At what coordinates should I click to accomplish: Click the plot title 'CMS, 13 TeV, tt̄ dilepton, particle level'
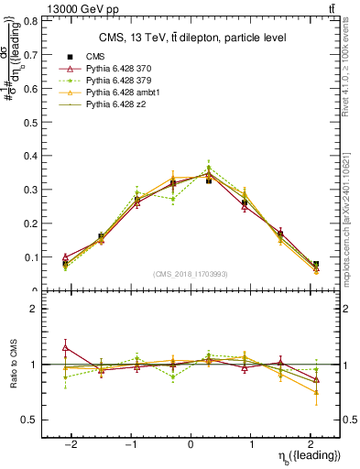[191, 38]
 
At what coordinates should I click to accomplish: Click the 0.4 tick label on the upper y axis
[31, 156]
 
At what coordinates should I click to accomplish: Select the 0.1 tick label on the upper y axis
[31, 257]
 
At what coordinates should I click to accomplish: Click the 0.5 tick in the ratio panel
[31, 420]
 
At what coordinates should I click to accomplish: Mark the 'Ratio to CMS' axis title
[12, 365]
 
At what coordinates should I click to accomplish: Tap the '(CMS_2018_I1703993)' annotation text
[191, 273]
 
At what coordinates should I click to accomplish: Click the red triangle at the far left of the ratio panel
[66, 347]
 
